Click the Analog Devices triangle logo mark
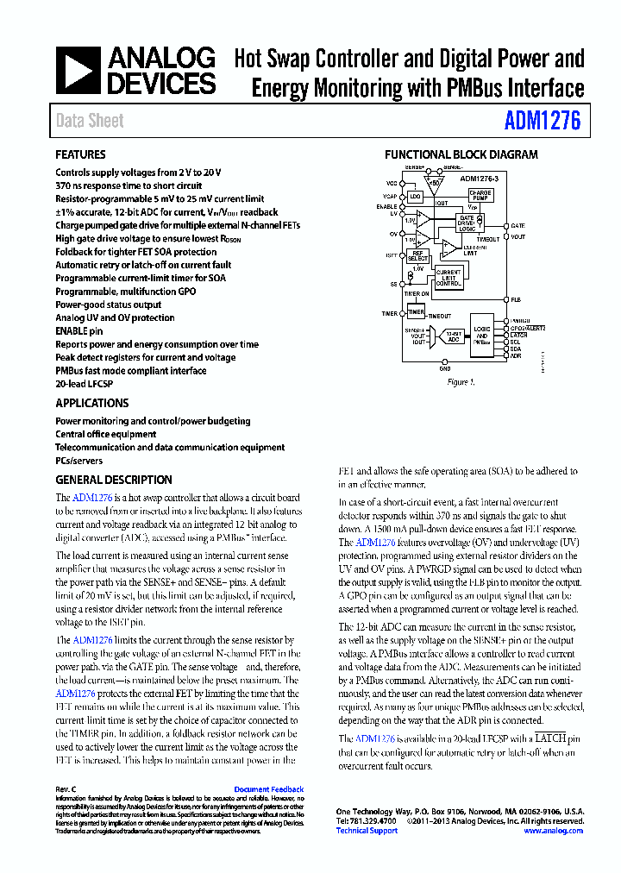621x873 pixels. [78, 71]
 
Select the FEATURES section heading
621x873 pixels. [80, 155]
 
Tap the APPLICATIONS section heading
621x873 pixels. [91, 403]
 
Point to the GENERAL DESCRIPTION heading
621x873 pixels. [113, 480]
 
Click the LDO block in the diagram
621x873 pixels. [416, 198]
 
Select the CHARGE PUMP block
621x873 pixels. [480, 195]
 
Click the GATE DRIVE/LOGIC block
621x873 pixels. [467, 223]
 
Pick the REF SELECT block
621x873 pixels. [417, 255]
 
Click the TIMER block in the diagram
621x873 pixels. [416, 312]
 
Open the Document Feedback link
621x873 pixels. [268, 789]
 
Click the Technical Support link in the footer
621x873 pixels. [367, 831]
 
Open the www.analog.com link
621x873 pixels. [553, 831]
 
